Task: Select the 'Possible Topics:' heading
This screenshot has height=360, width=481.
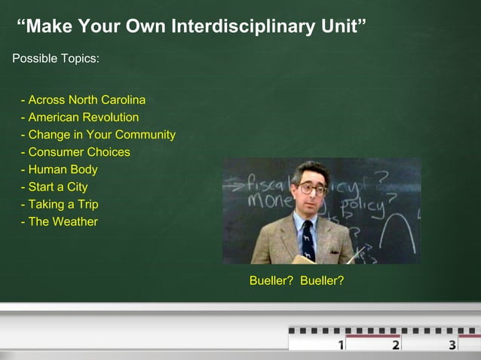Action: click(x=55, y=58)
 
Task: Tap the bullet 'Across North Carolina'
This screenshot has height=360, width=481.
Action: click(x=84, y=99)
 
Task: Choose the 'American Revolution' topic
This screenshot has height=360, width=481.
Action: click(x=80, y=117)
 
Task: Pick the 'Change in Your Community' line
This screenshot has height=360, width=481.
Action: click(x=98, y=135)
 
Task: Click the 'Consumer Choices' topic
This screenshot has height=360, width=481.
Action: click(x=75, y=152)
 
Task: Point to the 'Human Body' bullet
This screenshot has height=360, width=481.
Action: click(x=60, y=169)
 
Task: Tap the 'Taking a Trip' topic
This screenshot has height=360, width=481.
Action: click(x=60, y=204)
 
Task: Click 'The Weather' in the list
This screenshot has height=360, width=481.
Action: click(x=60, y=221)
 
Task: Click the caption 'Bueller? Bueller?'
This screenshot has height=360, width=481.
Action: click(x=296, y=281)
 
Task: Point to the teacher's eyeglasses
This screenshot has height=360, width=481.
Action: click(x=311, y=188)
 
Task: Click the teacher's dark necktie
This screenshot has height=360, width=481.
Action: click(x=308, y=239)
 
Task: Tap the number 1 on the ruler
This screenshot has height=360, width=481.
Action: click(x=341, y=345)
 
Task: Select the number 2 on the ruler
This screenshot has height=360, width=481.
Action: click(x=396, y=345)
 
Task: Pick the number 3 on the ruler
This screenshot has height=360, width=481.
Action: click(x=452, y=345)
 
